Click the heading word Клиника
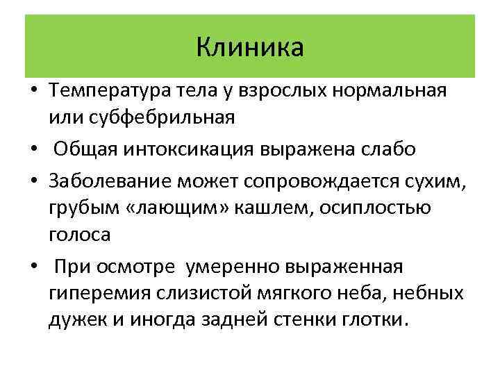[250, 47]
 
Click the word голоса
[79, 235]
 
